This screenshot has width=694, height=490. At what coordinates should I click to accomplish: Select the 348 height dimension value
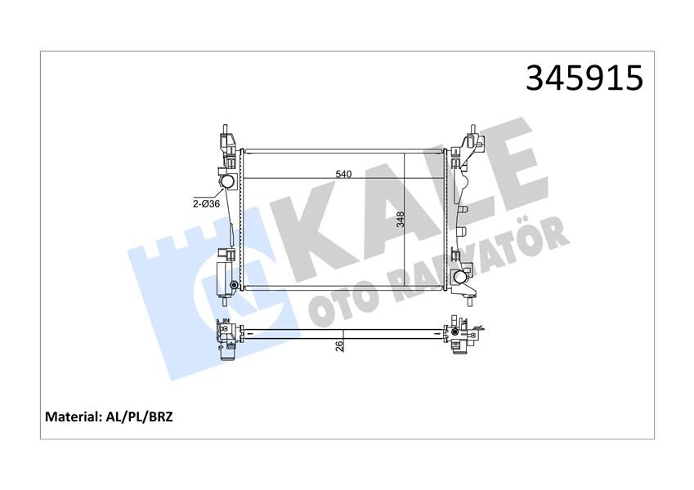pyautogui.click(x=400, y=220)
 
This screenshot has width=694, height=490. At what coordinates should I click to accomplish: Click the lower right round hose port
pyautogui.click(x=463, y=276)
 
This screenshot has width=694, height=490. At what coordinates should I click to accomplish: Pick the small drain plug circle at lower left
pyautogui.click(x=235, y=285)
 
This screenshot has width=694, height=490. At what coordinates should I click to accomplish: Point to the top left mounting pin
pyautogui.click(x=223, y=131)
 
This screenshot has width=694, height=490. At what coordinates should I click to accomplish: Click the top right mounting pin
pyautogui.click(x=472, y=131)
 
